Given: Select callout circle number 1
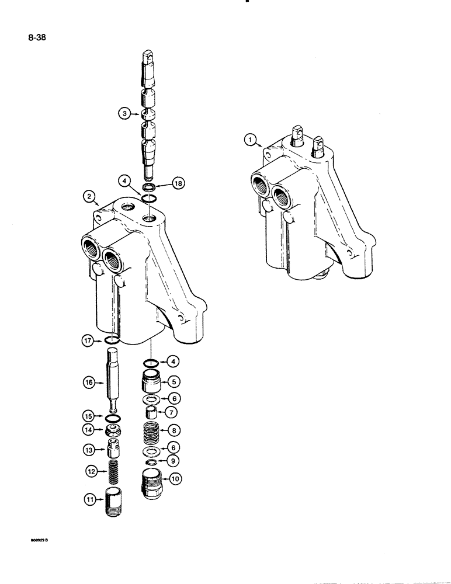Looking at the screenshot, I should (x=250, y=140).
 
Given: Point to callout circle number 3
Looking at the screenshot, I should (x=123, y=114).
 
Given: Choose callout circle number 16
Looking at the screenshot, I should (x=89, y=383).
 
